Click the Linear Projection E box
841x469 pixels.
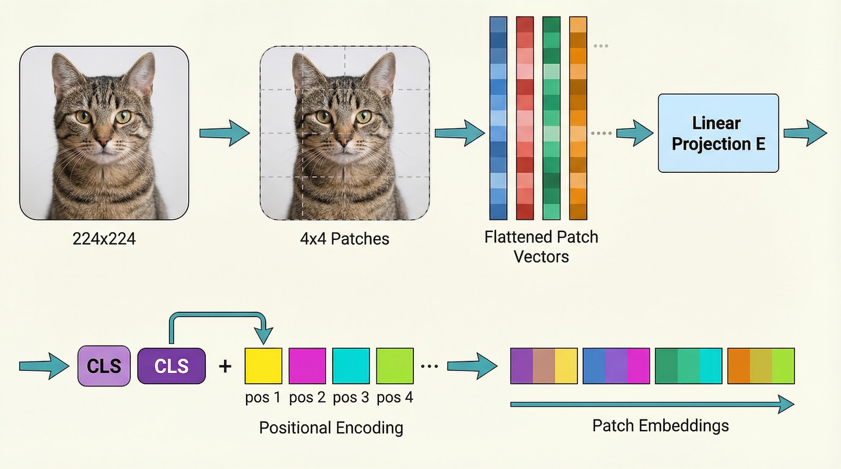(x=718, y=133)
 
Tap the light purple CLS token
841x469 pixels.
(x=104, y=366)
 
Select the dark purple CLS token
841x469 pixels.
(x=172, y=366)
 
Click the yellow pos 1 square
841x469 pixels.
(x=263, y=366)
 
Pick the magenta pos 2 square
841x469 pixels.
(x=307, y=366)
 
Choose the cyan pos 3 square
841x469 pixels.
(x=351, y=366)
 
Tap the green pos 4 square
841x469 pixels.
(x=395, y=366)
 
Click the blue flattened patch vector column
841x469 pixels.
(x=498, y=118)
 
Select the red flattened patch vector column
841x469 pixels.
(x=525, y=118)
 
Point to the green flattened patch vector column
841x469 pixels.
(x=551, y=118)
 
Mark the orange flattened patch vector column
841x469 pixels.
(x=578, y=118)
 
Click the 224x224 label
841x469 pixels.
(x=104, y=239)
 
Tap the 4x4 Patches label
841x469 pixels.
(x=344, y=239)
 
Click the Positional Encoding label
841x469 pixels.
(x=331, y=428)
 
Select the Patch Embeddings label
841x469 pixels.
(x=660, y=426)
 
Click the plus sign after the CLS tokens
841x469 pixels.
(x=225, y=366)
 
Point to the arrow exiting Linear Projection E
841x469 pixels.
(x=805, y=133)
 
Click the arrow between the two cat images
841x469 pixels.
(x=225, y=133)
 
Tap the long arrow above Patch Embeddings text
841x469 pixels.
(x=652, y=404)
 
